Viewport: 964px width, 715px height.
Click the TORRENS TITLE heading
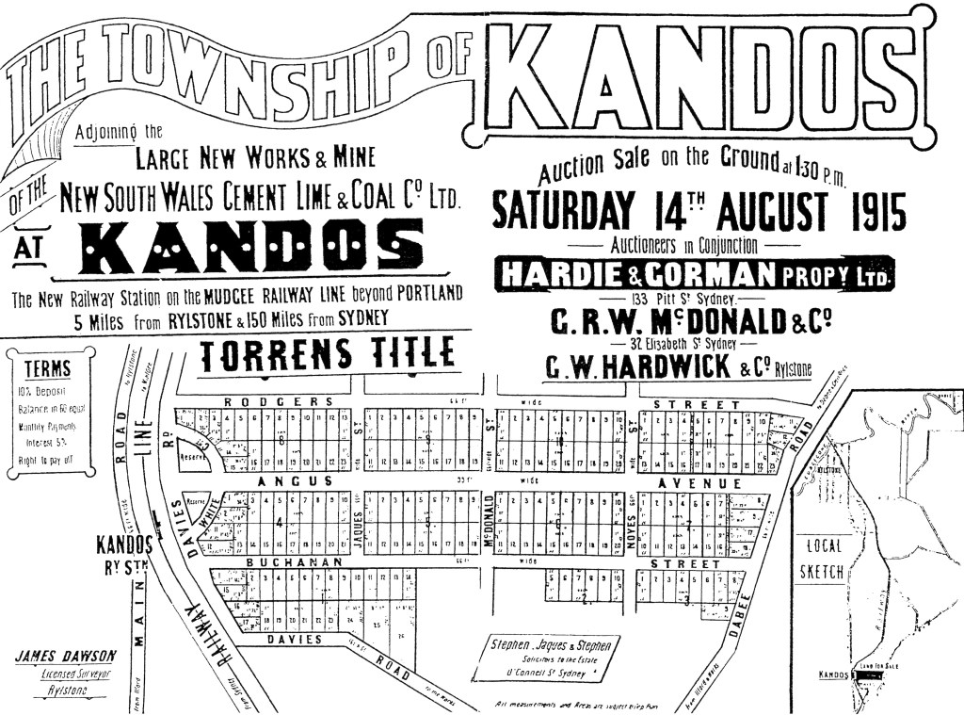pos(328,354)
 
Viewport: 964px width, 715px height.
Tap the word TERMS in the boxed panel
pos(47,369)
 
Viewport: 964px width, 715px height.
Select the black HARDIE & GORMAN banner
pos(694,274)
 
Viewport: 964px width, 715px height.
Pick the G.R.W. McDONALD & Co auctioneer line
pos(691,322)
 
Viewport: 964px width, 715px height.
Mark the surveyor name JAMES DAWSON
pos(66,656)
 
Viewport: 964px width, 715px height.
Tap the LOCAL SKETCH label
pos(822,558)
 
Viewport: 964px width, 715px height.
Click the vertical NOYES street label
pos(632,522)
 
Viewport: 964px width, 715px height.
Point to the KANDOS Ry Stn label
pos(124,553)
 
